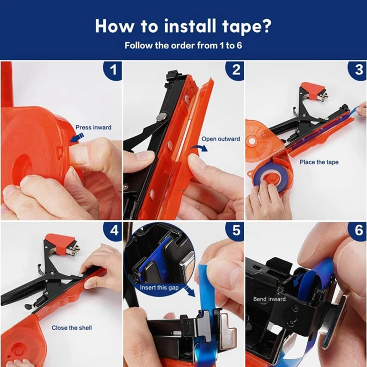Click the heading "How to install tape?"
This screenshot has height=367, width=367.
(x=183, y=27)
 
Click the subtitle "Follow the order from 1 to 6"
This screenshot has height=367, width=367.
(x=183, y=45)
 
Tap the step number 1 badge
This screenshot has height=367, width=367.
(x=113, y=70)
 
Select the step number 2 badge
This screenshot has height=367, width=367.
(x=235, y=70)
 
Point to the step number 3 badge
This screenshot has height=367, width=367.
(x=358, y=70)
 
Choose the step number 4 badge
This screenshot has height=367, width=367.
(x=113, y=231)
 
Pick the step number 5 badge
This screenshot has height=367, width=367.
(x=235, y=231)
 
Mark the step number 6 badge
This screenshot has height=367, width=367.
(x=358, y=231)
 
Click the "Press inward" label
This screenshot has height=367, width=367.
(x=93, y=128)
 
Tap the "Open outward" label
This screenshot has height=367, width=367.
(x=221, y=139)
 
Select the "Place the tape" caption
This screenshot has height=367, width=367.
(x=319, y=162)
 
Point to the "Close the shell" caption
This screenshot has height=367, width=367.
(x=72, y=328)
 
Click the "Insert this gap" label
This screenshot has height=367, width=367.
(x=159, y=288)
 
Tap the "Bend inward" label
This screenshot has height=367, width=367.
(x=269, y=299)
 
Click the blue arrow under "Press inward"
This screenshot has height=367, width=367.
(x=77, y=137)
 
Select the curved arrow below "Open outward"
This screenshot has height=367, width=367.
(x=199, y=147)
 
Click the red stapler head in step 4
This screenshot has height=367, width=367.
(x=61, y=244)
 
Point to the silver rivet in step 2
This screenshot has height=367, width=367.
(x=161, y=117)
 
